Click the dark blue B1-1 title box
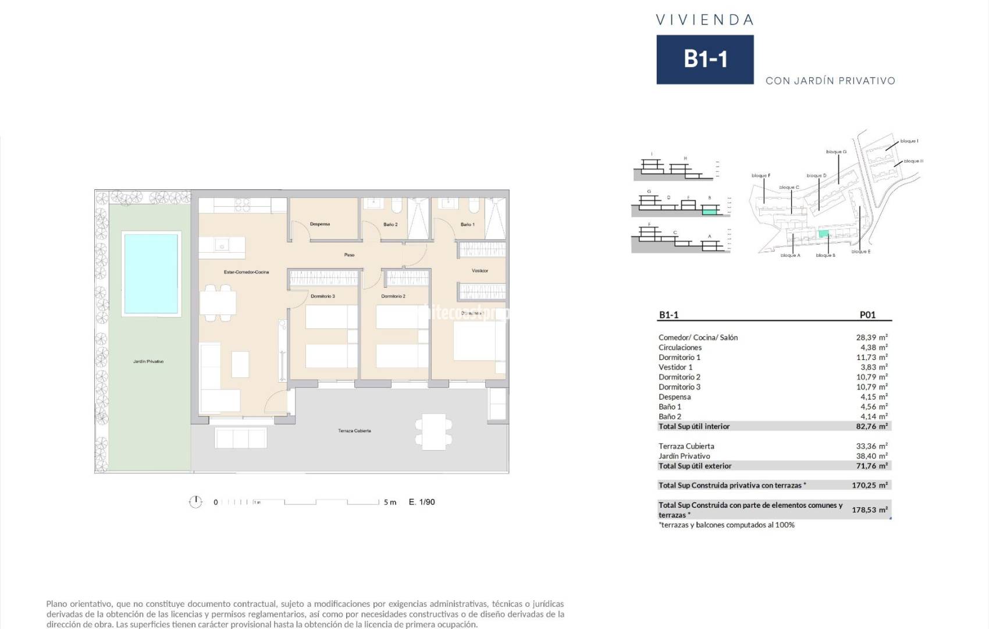pos(705,59)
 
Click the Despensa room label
pos(320,224)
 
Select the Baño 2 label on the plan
pos(390,224)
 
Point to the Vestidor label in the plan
pos(480,271)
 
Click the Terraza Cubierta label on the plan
pos(354,431)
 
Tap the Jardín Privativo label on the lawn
pos(148,362)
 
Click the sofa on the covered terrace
pos(241,437)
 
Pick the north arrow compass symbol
pos(195,502)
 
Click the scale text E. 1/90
pos(422,502)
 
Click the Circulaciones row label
pos(680,347)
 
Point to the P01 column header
pos(867,314)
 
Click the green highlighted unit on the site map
pos(823,234)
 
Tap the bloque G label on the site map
pos(836,152)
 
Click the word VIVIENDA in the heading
pos(705,20)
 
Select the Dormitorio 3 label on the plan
pos(323,296)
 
